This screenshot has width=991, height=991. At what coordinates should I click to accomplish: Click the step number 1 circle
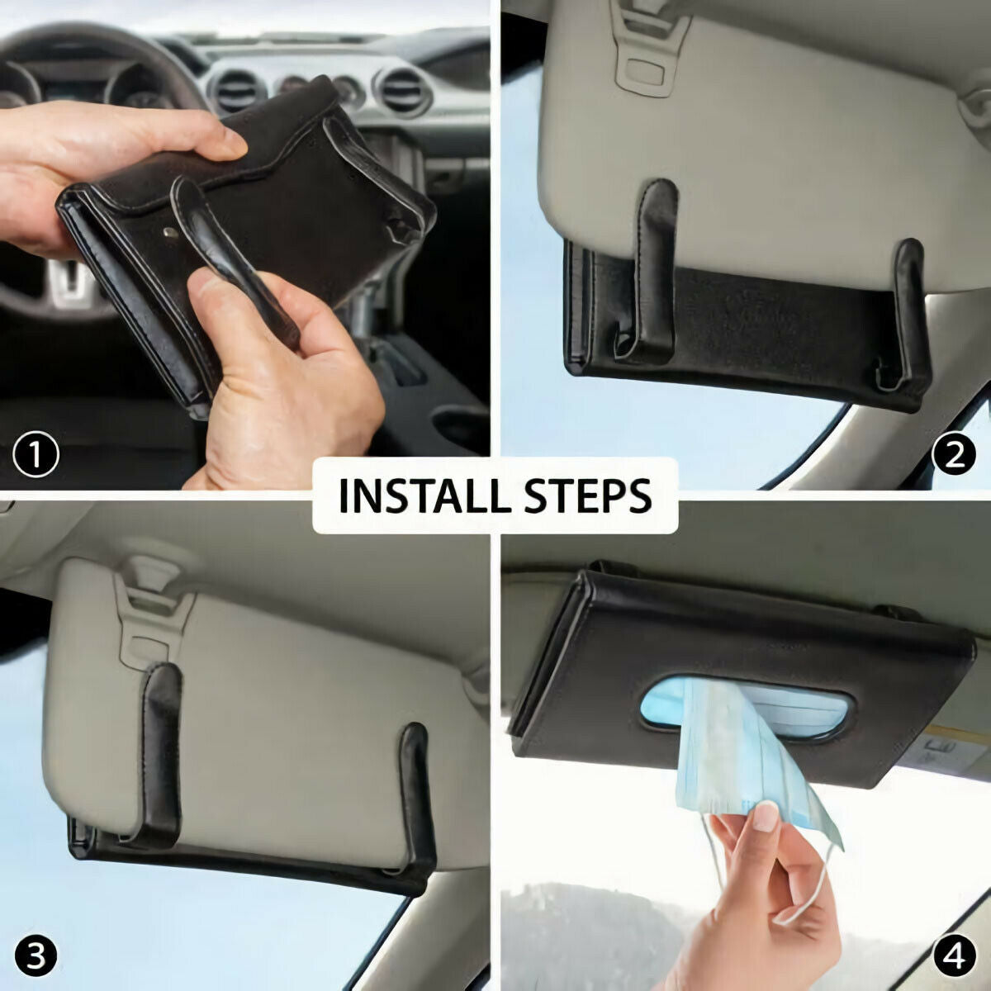pyautogui.click(x=36, y=455)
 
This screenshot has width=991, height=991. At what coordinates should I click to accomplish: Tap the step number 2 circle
pyautogui.click(x=955, y=455)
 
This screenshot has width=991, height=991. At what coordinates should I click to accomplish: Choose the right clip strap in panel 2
pyautogui.click(x=908, y=314)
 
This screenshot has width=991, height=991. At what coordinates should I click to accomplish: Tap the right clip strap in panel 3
pyautogui.click(x=417, y=793)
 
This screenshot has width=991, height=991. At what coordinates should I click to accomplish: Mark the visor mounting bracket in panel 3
pyautogui.click(x=153, y=611)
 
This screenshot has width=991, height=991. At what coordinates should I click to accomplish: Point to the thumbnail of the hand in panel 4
pyautogui.click(x=766, y=818)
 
